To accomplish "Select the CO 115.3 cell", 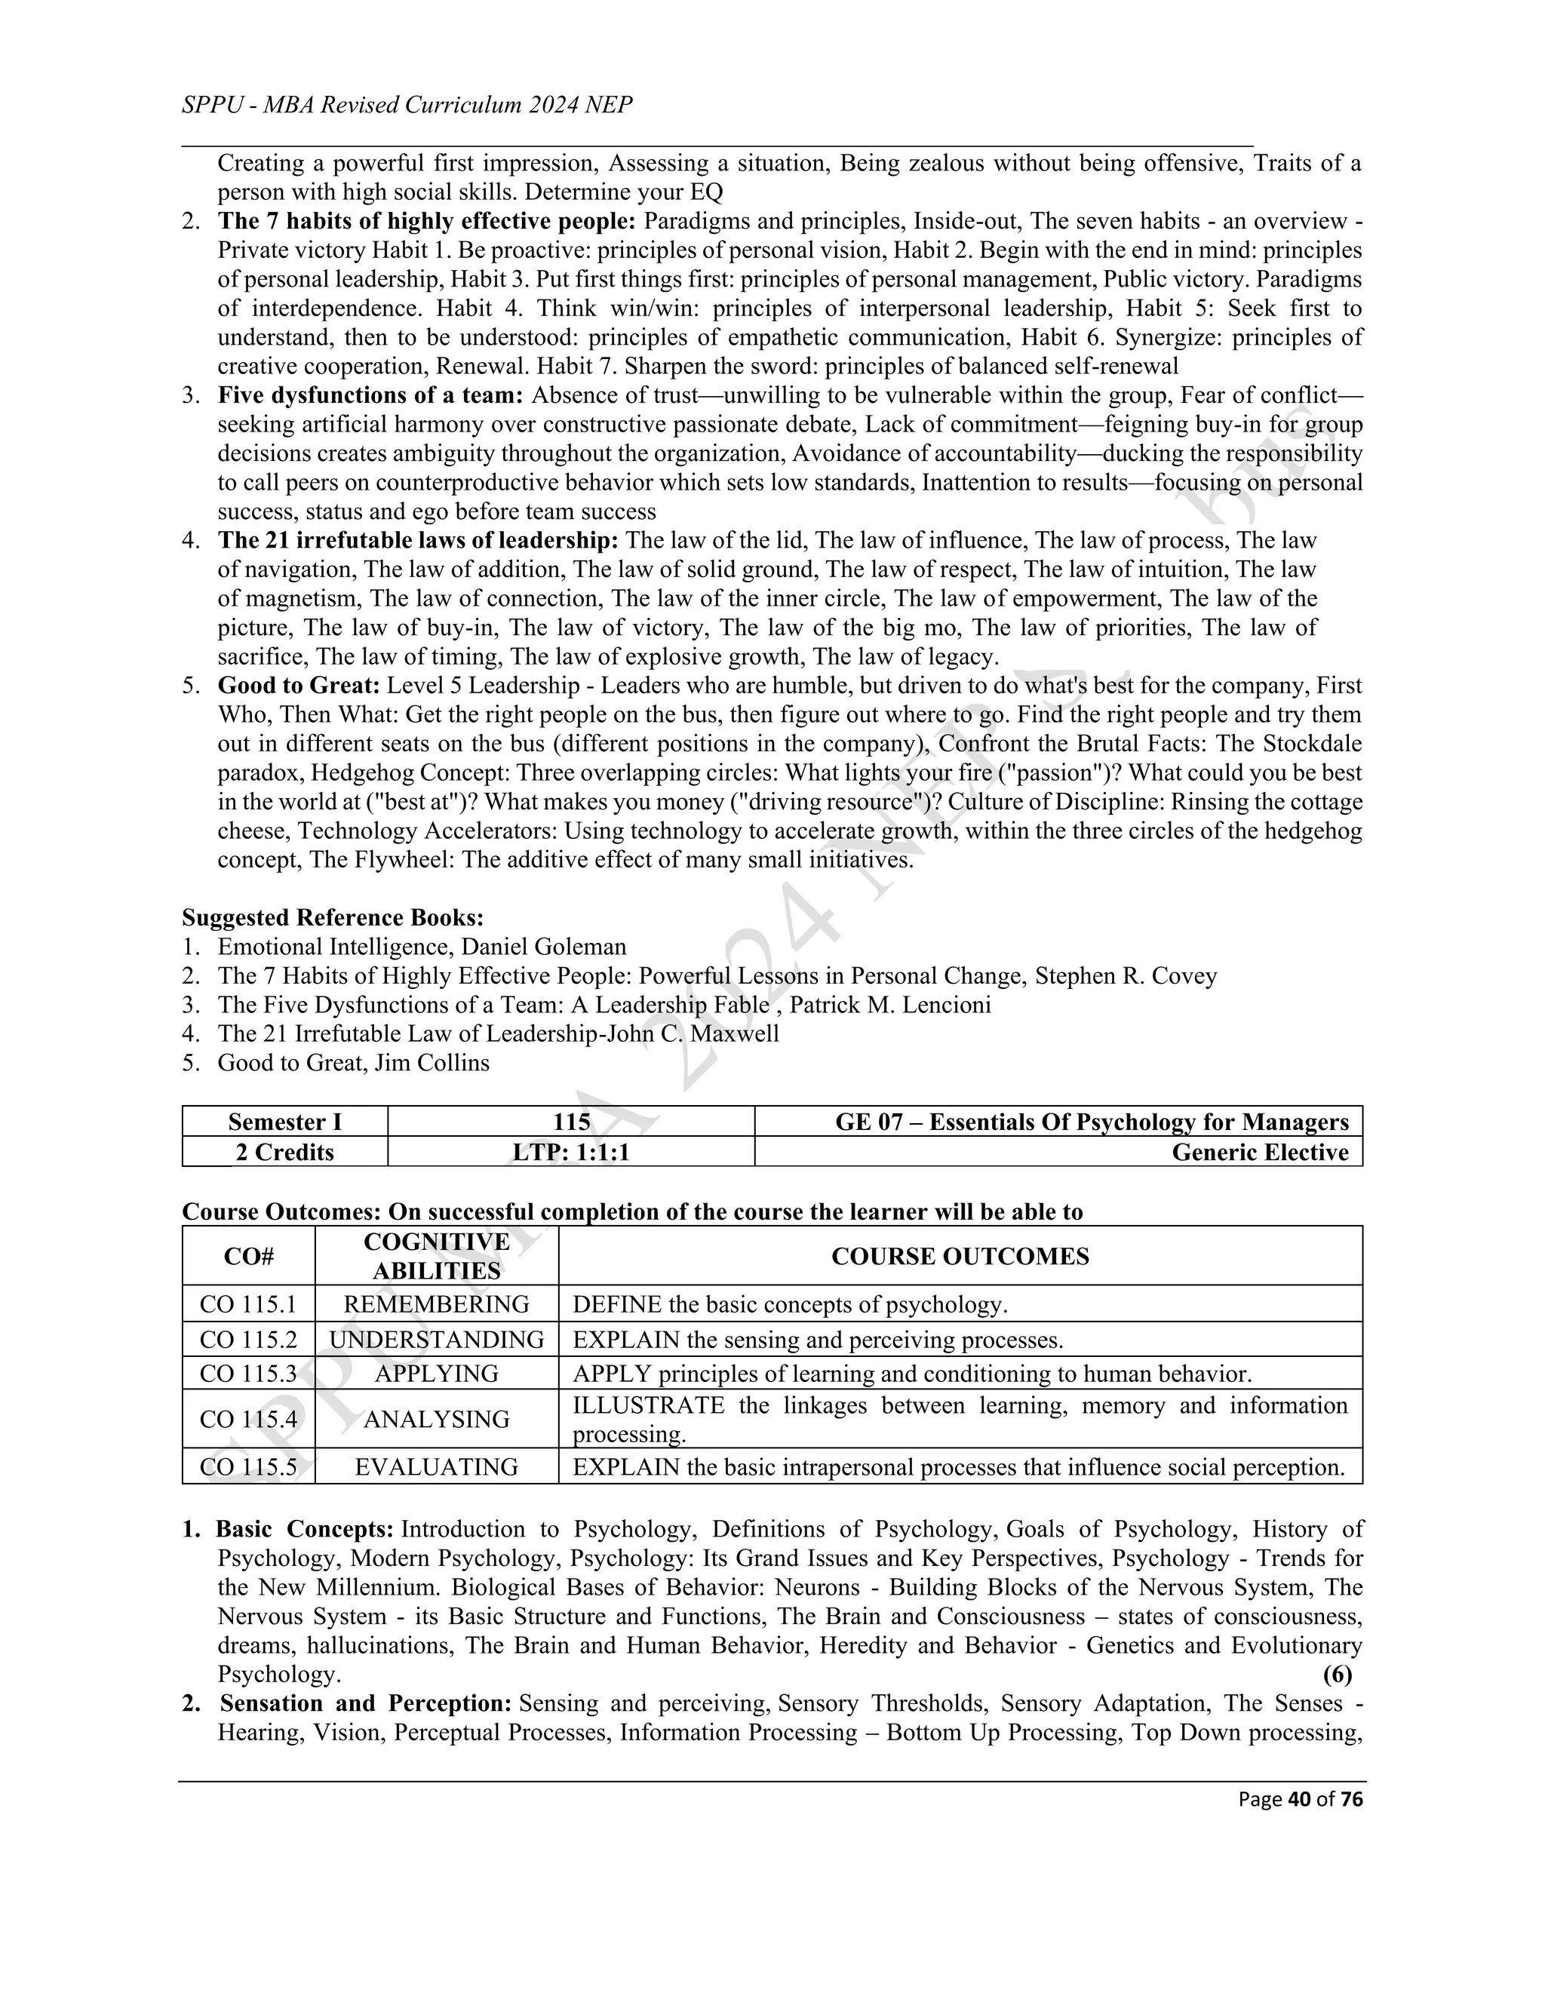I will tap(248, 1374).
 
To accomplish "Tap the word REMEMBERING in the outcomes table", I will tap(436, 1304).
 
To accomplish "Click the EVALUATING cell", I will tap(436, 1467).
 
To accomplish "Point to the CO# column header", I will tap(248, 1257).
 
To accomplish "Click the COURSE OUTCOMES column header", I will tap(960, 1257).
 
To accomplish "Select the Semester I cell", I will tap(284, 1122).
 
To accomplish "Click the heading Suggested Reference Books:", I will tap(332, 918).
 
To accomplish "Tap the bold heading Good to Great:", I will tap(299, 686).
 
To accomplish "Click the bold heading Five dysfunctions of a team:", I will tap(370, 395).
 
